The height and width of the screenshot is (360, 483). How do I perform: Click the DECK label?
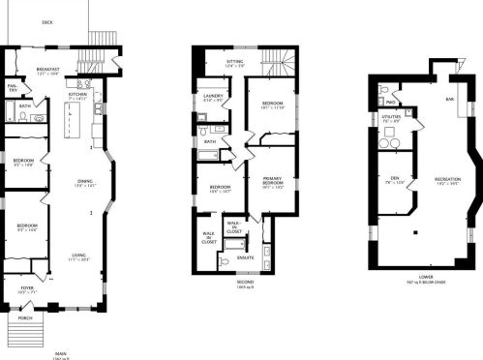pyautogui.click(x=47, y=22)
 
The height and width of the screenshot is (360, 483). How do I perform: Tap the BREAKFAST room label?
pyautogui.click(x=48, y=70)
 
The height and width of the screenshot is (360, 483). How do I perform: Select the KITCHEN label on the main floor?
pyautogui.click(x=77, y=95)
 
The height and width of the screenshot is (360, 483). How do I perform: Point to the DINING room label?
pyautogui.click(x=86, y=181)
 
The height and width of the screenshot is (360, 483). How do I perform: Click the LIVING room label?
pyautogui.click(x=78, y=255)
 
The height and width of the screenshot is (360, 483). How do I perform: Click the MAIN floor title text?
pyautogui.click(x=60, y=353)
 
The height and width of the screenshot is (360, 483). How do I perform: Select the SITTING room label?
pyautogui.click(x=235, y=61)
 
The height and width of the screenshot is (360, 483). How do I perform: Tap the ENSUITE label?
pyautogui.click(x=246, y=256)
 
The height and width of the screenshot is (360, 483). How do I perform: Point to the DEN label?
pyautogui.click(x=395, y=178)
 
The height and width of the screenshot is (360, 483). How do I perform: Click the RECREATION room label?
pyautogui.click(x=446, y=180)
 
